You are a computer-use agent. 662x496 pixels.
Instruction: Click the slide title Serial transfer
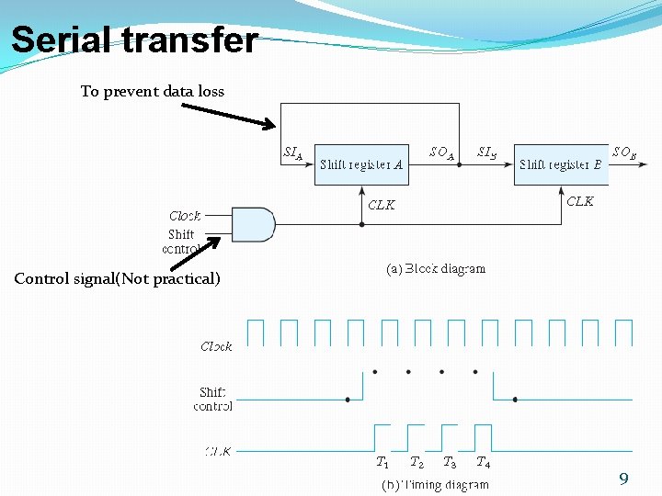[134, 40]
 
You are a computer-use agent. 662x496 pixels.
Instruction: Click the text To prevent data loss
[153, 91]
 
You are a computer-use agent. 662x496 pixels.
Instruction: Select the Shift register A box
[360, 164]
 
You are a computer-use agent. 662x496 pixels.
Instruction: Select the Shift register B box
[561, 164]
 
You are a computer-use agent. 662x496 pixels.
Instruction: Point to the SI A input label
[293, 153]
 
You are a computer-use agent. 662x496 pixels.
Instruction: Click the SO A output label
[442, 152]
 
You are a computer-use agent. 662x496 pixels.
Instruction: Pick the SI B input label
[487, 152]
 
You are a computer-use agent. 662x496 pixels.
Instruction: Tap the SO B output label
[624, 153]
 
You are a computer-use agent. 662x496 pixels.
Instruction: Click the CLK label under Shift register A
[382, 205]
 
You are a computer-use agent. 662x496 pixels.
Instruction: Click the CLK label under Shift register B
[580, 201]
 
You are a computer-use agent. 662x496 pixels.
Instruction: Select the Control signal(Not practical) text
[118, 278]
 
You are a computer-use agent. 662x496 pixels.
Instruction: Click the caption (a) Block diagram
[435, 269]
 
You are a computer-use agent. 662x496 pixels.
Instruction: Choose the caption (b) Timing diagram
[436, 484]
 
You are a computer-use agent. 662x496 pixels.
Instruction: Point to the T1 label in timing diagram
[382, 462]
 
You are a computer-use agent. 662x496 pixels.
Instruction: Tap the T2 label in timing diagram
[417, 462]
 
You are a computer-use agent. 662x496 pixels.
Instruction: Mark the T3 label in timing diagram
[450, 462]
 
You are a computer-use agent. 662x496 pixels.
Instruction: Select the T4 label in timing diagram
[483, 462]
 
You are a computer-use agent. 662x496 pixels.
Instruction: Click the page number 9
[623, 479]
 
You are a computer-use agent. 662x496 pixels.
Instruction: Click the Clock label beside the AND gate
[185, 216]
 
